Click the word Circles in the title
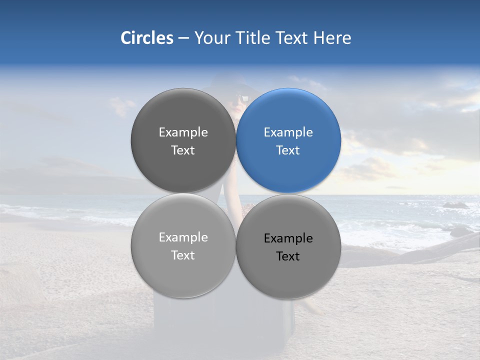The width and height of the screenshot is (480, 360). tap(146, 38)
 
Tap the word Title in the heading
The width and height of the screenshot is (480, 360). tap(253, 38)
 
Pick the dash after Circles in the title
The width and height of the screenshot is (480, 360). tap(183, 38)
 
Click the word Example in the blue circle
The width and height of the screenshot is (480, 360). tap(288, 132)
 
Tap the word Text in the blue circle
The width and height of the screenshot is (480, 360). tap(288, 150)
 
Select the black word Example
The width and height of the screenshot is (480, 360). tap(288, 238)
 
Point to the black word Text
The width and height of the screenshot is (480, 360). tap(288, 256)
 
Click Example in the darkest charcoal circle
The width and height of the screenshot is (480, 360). tap(183, 132)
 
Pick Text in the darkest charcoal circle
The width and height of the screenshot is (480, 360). tap(183, 150)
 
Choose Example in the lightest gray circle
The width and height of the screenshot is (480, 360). tap(183, 237)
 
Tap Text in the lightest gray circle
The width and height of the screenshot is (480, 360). tap(183, 255)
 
